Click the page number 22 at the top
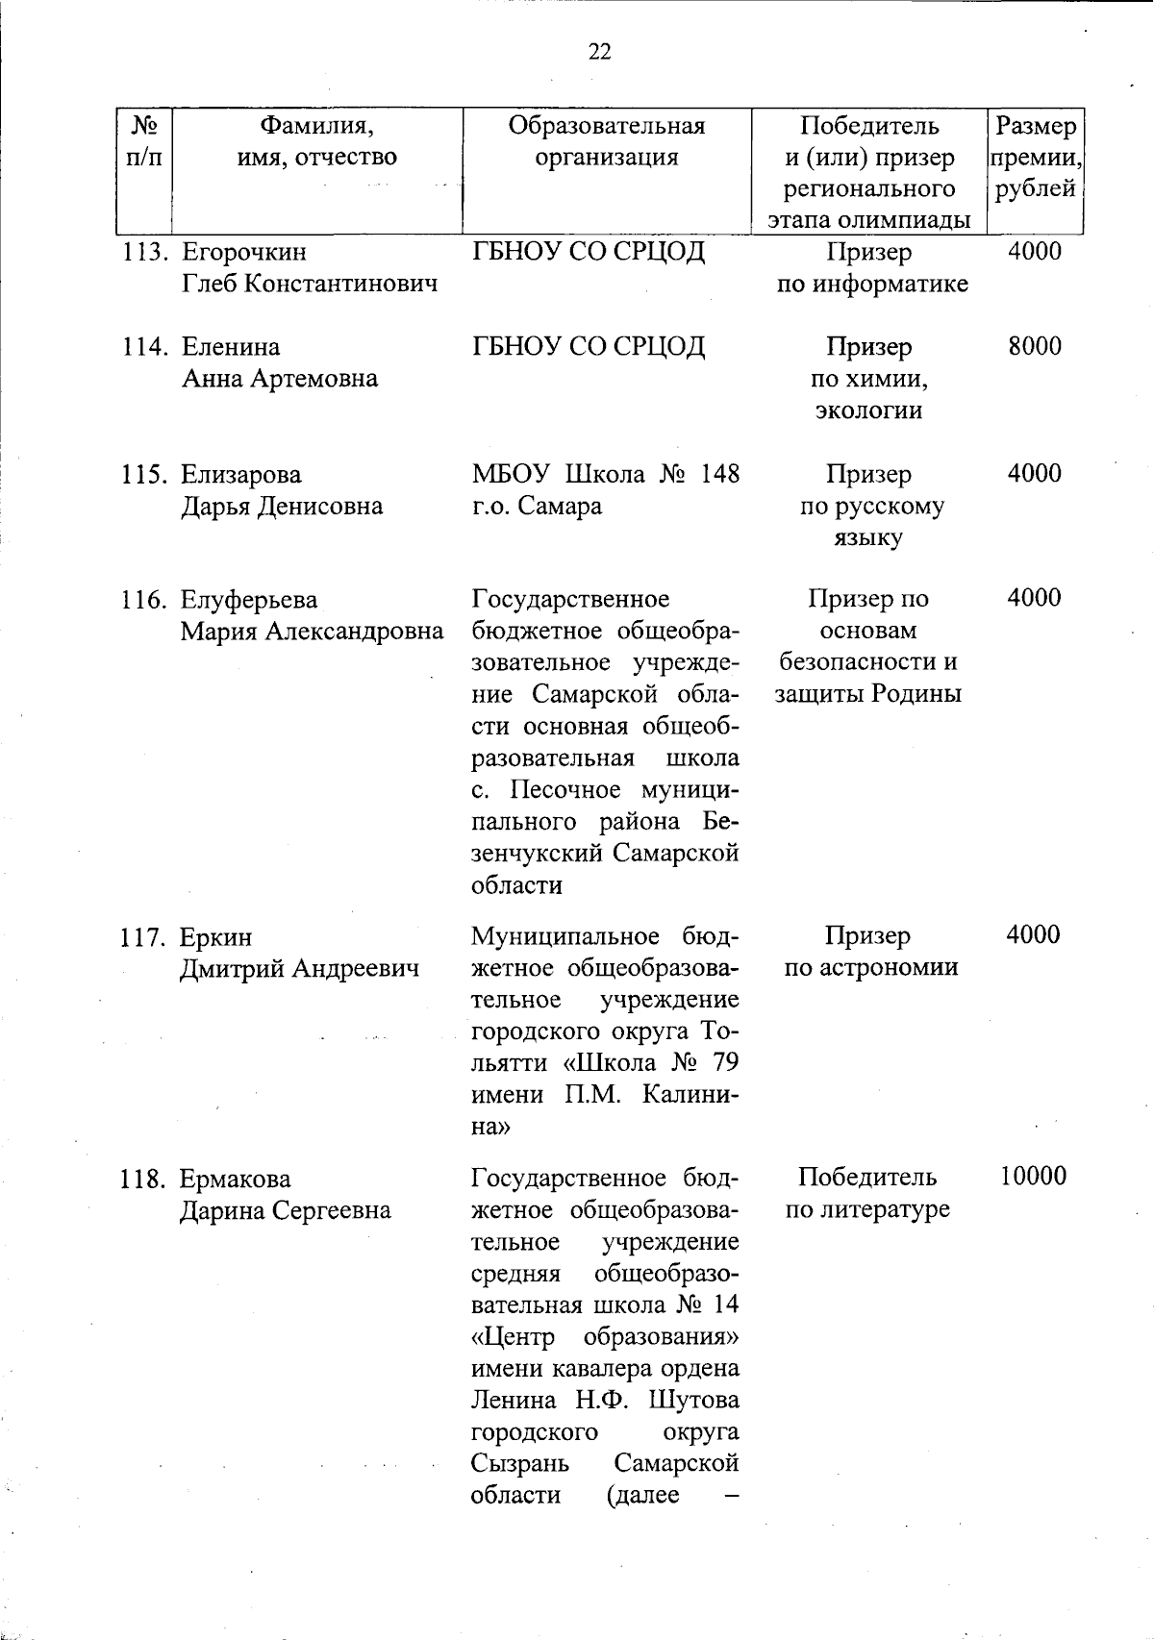[599, 52]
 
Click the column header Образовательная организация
[606, 141]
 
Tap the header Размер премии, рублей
[1035, 157]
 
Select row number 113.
[145, 252]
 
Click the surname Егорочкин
[244, 252]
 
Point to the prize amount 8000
[1034, 346]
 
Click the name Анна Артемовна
[280, 379]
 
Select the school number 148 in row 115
[719, 474]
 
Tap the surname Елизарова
[241, 474]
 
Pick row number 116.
[145, 600]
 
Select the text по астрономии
[870, 968]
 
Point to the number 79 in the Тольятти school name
[725, 1063]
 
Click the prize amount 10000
[1033, 1177]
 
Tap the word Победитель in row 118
[866, 1178]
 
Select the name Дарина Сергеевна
[286, 1209]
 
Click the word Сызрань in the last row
[519, 1463]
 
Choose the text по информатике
[872, 285]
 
